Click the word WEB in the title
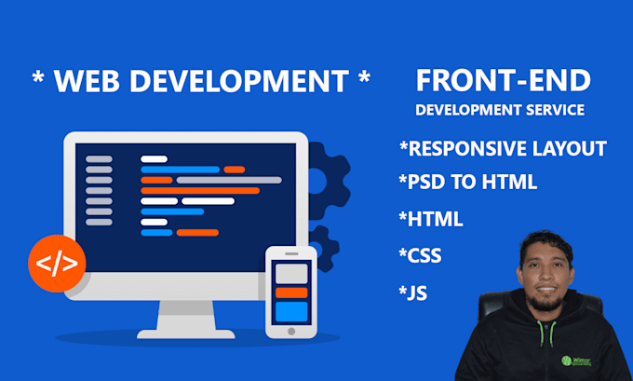click(87, 81)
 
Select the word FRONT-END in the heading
click(504, 80)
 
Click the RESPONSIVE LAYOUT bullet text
click(503, 148)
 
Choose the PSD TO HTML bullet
click(468, 182)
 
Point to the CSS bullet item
click(420, 255)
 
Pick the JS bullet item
click(412, 293)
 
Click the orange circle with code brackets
click(57, 264)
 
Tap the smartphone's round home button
click(291, 332)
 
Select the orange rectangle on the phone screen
click(291, 293)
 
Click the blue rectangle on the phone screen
click(291, 311)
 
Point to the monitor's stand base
click(186, 334)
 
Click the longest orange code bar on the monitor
click(200, 191)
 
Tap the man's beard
click(545, 302)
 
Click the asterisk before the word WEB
click(38, 76)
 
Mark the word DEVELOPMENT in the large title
click(239, 81)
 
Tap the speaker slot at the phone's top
click(291, 253)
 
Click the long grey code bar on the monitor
click(229, 180)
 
